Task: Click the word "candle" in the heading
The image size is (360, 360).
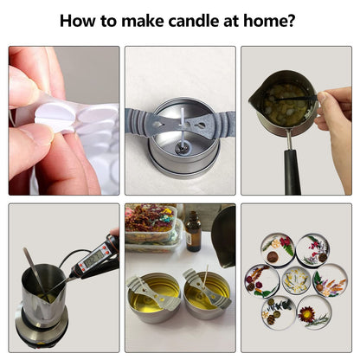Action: click(193, 21)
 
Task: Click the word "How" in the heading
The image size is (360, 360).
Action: click(77, 21)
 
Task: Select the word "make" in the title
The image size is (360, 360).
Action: click(143, 21)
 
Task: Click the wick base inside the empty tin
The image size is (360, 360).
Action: click(182, 149)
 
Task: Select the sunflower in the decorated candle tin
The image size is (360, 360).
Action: click(306, 313)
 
